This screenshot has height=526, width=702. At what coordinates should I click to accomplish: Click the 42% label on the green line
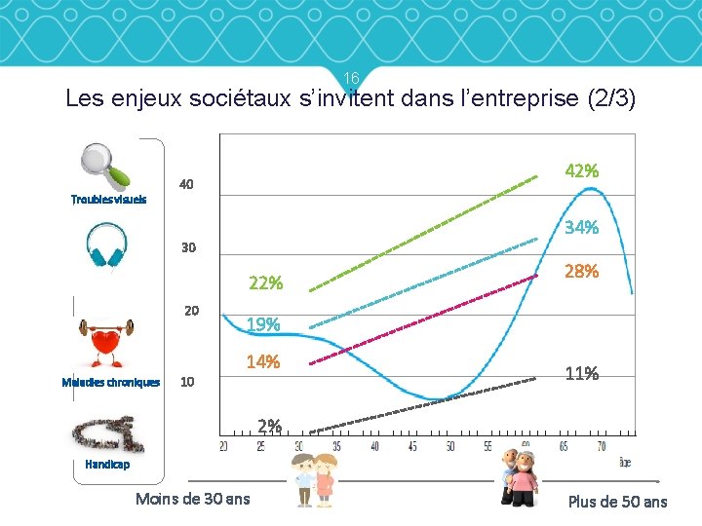[x=582, y=170]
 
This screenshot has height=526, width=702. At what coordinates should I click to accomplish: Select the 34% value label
[x=582, y=228]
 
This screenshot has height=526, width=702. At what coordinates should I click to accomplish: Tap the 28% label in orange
[x=582, y=272]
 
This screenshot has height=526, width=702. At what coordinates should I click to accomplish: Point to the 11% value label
[x=582, y=373]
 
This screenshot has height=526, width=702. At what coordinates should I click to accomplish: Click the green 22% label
[x=266, y=283]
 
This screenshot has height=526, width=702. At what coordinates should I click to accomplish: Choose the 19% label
[x=263, y=323]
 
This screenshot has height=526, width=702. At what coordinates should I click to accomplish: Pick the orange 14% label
[x=263, y=362]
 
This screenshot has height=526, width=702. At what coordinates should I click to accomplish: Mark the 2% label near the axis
[x=270, y=425]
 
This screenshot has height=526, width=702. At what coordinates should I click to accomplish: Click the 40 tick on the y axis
[x=185, y=184]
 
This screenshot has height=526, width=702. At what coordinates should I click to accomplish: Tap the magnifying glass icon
[x=105, y=166]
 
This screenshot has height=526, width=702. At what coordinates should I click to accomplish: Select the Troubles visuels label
[x=108, y=199]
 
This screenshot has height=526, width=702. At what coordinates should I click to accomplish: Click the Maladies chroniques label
[x=110, y=382]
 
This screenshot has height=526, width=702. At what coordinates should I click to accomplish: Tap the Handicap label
[x=106, y=465]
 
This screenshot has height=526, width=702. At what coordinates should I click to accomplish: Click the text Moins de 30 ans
[x=193, y=499]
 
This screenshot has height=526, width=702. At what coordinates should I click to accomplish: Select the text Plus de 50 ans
[x=617, y=502]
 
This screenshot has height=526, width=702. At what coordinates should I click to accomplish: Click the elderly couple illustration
[x=517, y=477]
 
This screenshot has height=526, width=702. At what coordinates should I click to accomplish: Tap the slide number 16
[x=352, y=78]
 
